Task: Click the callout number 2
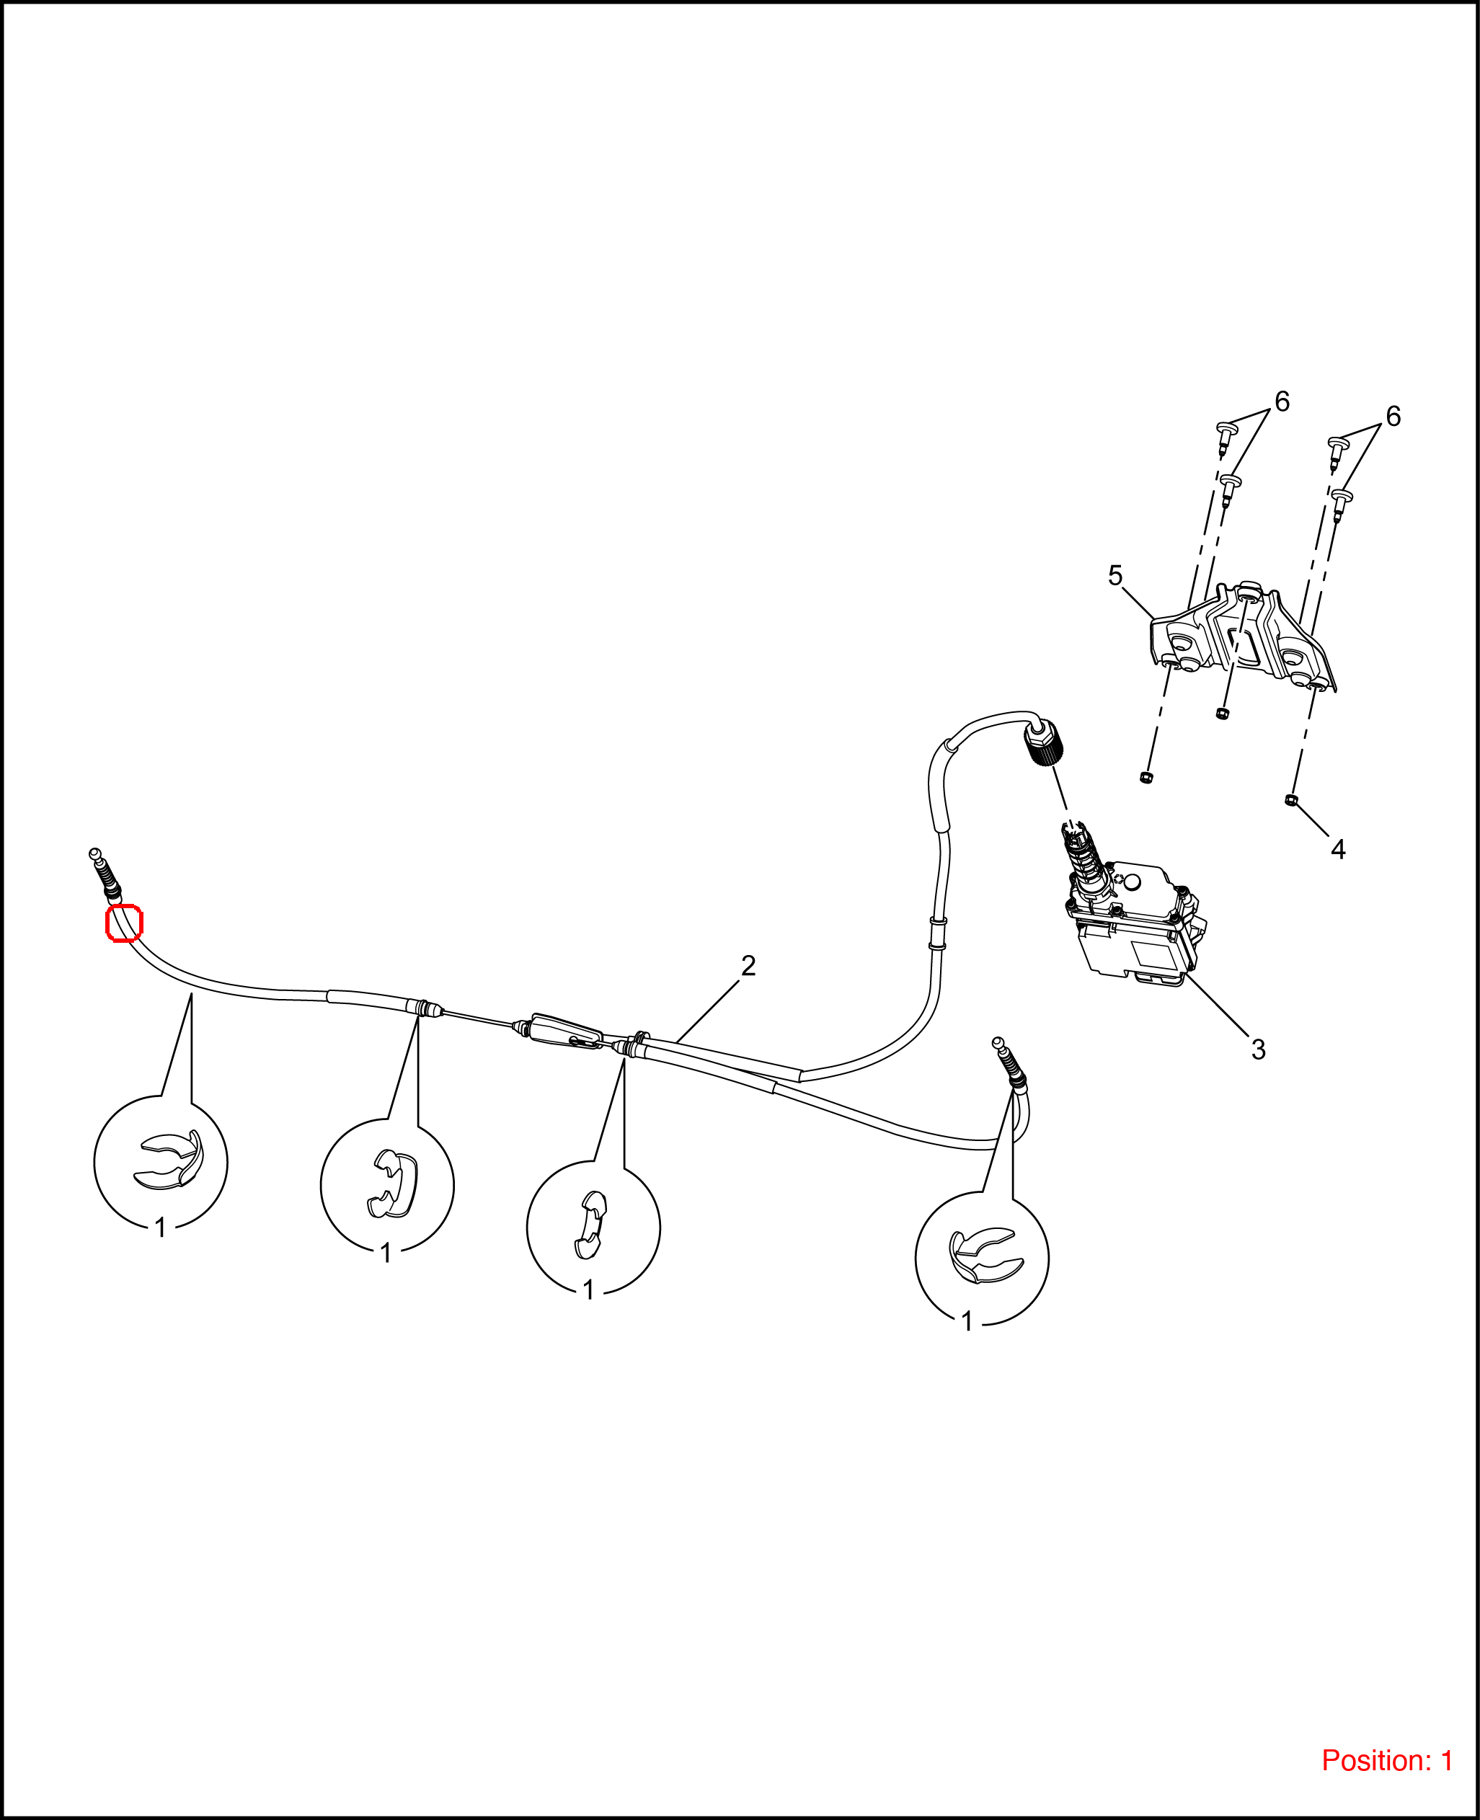point(748,966)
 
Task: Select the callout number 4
point(1338,849)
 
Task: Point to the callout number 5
point(1115,575)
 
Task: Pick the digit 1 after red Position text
point(1446,1760)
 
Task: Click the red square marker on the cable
point(123,923)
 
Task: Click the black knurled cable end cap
point(1045,742)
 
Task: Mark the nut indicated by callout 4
point(1290,799)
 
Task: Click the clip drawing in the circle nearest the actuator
point(982,1254)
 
